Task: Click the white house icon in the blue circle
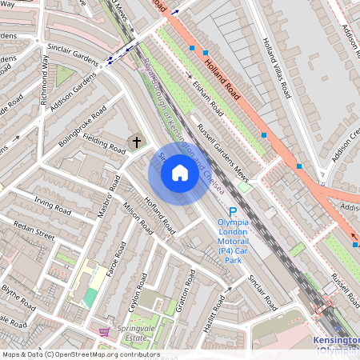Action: (x=180, y=173)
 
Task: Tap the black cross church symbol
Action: (x=137, y=142)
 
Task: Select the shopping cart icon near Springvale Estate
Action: (x=104, y=330)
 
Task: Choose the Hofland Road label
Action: (x=160, y=214)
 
